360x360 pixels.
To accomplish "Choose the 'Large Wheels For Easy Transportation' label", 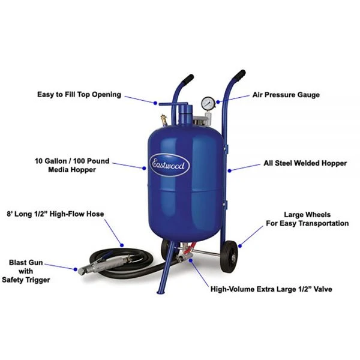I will [307, 218].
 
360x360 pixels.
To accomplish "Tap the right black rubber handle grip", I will [239, 77].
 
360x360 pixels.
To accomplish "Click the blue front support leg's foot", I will [160, 292].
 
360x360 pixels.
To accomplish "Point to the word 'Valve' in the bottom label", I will [320, 289].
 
